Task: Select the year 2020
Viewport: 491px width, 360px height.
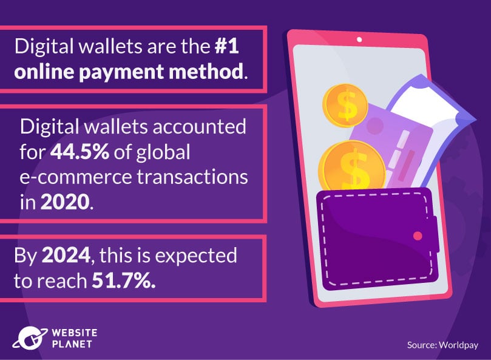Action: [x=66, y=201]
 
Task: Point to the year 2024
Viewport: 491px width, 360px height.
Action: [x=66, y=256]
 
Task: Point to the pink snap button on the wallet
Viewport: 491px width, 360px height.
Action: [x=417, y=235]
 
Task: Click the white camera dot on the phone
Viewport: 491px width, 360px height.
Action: [x=359, y=40]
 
